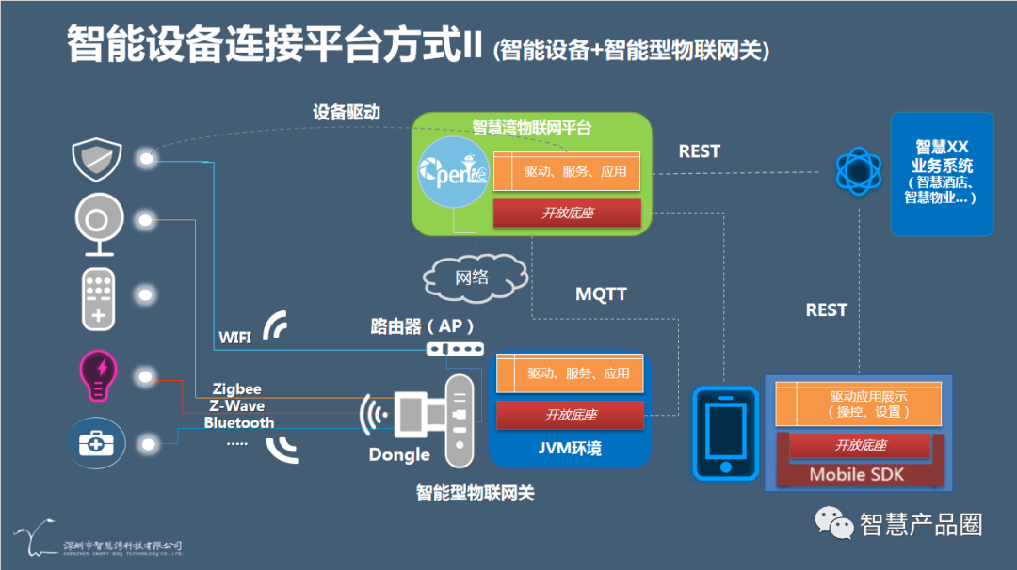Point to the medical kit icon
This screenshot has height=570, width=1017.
98,443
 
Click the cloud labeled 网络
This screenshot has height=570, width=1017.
473,277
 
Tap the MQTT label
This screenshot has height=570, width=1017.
601,294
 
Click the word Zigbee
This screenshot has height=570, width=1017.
236,388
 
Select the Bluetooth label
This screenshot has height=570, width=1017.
239,422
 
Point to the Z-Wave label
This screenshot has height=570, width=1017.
235,405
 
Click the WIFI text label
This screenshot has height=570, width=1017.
234,337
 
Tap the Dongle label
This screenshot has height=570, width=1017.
398,454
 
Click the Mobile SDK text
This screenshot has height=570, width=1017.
856,474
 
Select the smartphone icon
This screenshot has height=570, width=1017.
725,433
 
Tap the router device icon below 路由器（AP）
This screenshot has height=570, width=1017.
455,349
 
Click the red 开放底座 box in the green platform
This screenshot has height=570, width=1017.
567,214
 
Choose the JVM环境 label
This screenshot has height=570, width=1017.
569,449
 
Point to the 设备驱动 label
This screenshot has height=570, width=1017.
346,111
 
